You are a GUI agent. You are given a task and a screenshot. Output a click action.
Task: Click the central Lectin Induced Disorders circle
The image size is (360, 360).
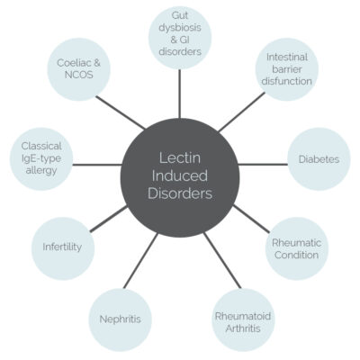(180, 176)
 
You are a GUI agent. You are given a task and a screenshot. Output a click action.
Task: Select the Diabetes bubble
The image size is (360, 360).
(319, 159)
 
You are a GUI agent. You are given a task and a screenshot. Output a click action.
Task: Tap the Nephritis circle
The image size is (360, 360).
(121, 319)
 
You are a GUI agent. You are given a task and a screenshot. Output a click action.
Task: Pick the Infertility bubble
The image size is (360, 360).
(62, 247)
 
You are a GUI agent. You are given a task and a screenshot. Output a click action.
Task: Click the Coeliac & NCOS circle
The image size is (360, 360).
(79, 69)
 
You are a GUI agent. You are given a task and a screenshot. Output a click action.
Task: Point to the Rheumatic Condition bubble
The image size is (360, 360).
(297, 248)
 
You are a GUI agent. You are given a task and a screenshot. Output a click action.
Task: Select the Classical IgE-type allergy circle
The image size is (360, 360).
(41, 158)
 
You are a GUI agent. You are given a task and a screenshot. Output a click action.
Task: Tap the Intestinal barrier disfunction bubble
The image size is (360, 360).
(287, 69)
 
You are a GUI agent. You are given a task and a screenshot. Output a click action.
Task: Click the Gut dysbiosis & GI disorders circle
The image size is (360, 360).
(180, 38)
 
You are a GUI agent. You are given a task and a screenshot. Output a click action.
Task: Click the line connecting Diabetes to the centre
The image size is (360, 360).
(263, 165)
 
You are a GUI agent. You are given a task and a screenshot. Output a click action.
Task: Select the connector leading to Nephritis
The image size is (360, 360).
(140, 261)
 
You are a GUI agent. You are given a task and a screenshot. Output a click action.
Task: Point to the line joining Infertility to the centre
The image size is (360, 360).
(109, 219)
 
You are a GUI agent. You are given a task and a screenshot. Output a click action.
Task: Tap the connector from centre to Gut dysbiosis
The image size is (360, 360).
(179, 94)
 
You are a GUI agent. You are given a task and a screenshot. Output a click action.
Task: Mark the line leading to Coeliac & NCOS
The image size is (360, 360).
(121, 112)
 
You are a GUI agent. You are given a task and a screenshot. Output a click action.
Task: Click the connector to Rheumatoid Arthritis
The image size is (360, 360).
(222, 260)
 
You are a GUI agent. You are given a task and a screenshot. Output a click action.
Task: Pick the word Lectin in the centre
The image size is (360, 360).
(180, 158)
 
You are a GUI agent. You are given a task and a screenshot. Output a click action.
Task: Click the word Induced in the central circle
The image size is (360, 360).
(180, 175)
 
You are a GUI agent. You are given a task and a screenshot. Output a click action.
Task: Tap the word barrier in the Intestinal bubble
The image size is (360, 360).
(287, 69)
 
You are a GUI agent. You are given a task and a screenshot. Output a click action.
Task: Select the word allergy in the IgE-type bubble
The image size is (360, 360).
(41, 171)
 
